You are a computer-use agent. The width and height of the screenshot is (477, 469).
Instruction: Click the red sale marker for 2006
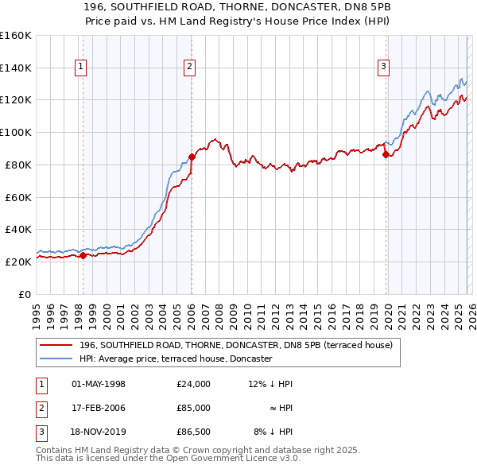coord(192,157)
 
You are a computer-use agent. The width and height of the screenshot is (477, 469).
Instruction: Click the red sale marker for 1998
coord(83,255)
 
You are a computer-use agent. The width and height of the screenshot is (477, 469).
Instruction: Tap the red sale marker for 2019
coord(386,154)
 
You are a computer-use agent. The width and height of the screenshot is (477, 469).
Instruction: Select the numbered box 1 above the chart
coord(81,68)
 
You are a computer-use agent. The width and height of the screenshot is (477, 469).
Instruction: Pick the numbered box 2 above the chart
coord(190,68)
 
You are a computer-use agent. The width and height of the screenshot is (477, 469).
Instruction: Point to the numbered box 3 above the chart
coord(383,68)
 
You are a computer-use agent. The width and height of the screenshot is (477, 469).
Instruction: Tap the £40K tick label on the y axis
coord(17,229)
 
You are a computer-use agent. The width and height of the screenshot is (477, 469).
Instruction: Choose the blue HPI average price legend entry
coord(176,359)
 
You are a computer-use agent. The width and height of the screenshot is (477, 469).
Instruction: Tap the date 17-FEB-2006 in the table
coord(99,408)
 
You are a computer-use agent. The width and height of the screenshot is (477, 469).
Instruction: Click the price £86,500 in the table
coord(194,432)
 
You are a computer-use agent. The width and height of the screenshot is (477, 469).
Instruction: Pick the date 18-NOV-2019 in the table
coord(99,432)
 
